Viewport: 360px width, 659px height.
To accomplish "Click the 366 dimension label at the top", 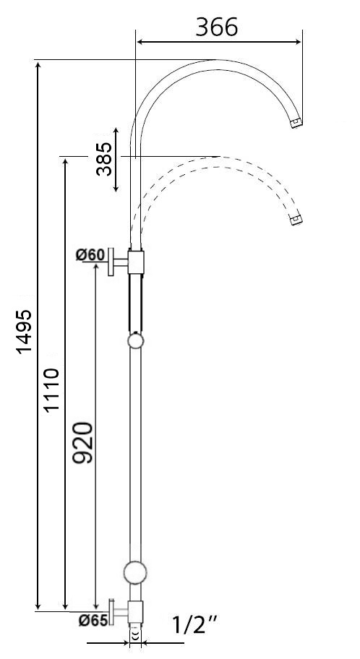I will (217, 27).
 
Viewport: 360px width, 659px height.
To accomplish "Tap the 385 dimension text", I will (104, 158).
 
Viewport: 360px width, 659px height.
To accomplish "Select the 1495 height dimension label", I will (24, 332).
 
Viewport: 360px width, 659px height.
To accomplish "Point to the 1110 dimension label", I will (51, 390).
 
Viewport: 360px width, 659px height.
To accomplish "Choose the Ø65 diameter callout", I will (93, 619).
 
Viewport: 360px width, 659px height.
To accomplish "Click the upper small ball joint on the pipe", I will (135, 341).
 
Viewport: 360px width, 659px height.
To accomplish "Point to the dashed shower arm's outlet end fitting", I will (295, 218).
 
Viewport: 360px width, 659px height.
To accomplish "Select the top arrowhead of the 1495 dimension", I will (38, 66).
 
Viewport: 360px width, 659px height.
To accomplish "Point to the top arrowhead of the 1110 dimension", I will (66, 160).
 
